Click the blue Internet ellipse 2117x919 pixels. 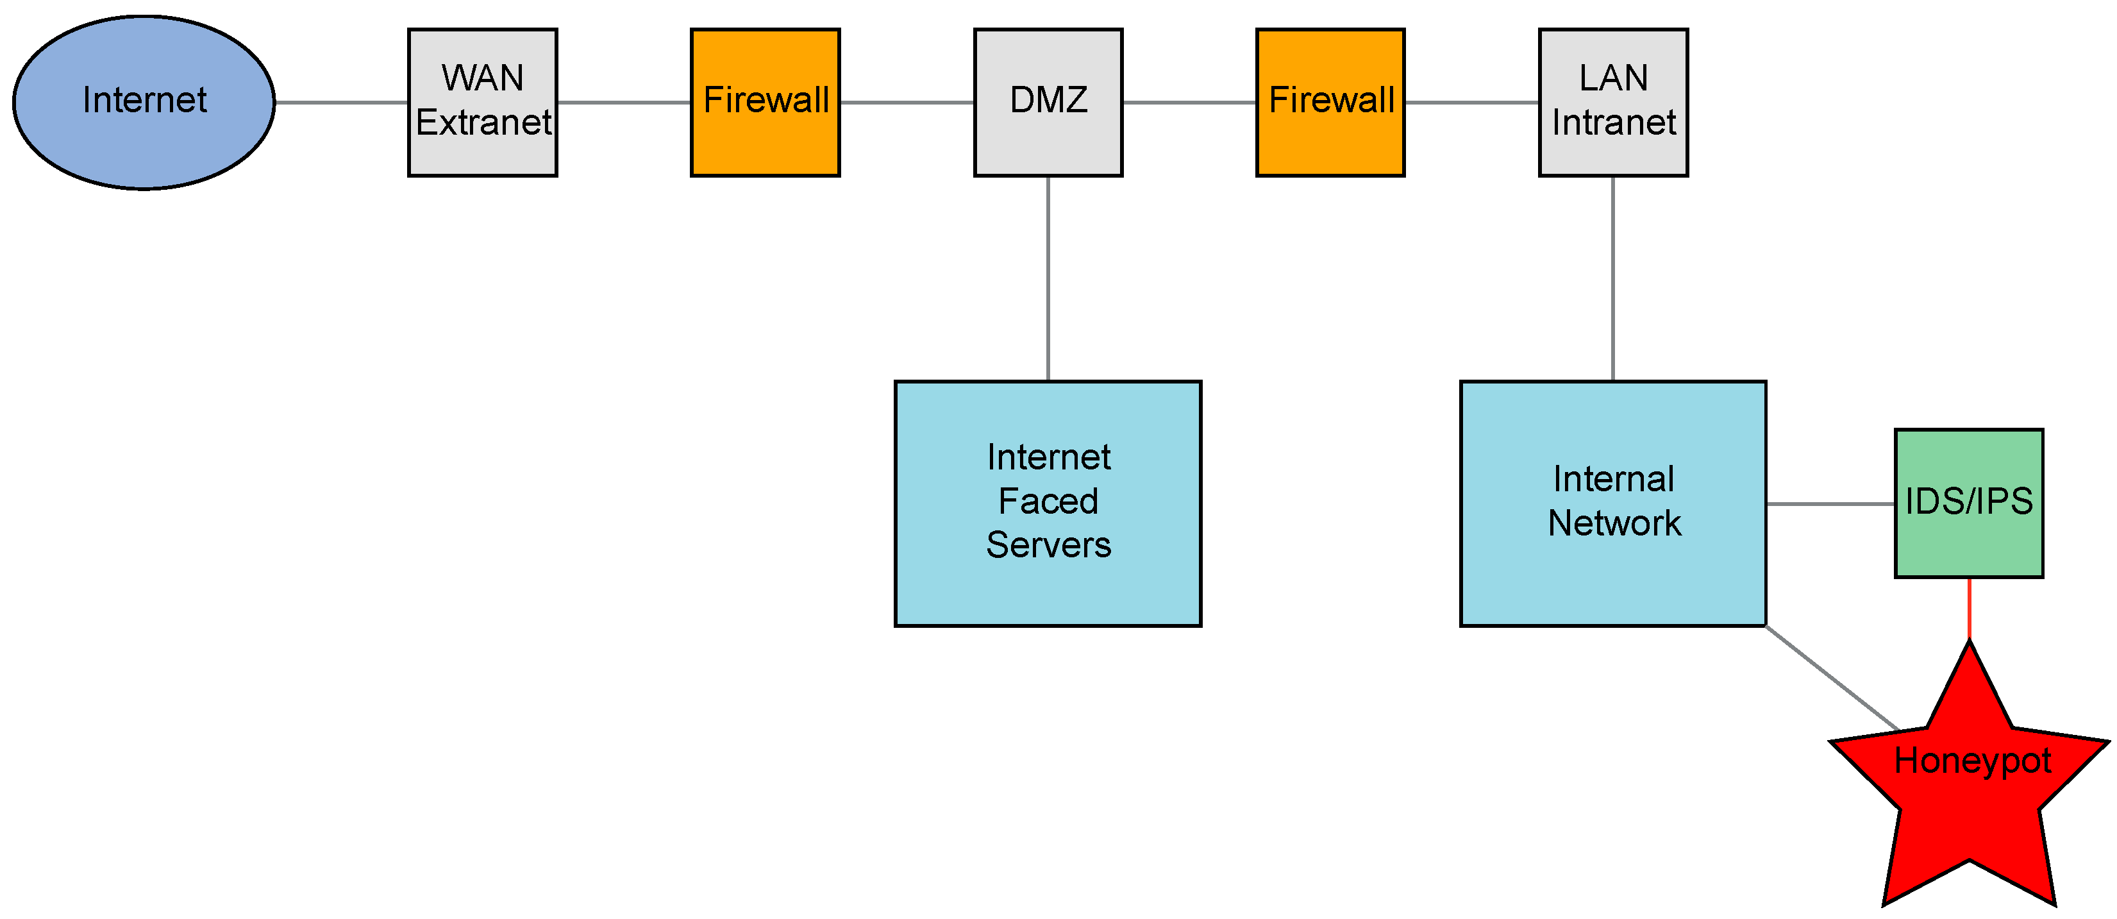click(x=144, y=103)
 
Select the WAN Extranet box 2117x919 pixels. click(x=482, y=103)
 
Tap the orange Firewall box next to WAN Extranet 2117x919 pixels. click(x=765, y=103)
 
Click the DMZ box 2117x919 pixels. click(x=1048, y=103)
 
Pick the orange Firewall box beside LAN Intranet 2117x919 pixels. click(x=1330, y=103)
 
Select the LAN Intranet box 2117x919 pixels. click(x=1613, y=103)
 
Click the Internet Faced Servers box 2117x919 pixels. click(x=1048, y=503)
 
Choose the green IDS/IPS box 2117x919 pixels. click(x=1969, y=503)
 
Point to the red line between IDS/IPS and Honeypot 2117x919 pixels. click(x=1969, y=608)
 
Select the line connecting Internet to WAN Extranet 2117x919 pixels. click(x=341, y=103)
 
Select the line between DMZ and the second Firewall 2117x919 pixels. click(x=1189, y=103)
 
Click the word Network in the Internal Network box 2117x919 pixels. click(x=1614, y=523)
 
